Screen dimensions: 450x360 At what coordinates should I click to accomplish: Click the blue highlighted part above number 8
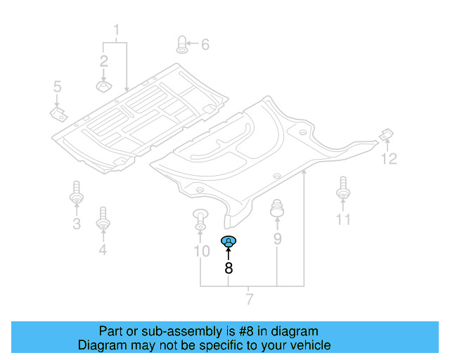pos(229,241)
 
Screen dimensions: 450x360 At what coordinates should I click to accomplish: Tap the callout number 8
pos(229,268)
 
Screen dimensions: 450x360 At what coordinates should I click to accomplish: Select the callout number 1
pos(116,30)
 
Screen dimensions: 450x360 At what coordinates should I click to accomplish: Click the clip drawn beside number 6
pos(182,44)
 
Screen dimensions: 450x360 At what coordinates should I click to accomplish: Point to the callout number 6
pos(205,44)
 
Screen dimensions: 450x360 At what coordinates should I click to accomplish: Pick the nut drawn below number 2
pos(103,86)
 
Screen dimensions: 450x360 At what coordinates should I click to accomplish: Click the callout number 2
pos(103,61)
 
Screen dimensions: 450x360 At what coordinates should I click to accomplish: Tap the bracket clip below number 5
pos(59,114)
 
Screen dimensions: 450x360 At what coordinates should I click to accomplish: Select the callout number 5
pos(58,86)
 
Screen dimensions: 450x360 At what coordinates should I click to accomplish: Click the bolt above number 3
pos(77,192)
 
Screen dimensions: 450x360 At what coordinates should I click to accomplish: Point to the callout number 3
pos(77,223)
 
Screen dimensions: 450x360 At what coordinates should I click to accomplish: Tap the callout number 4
pos(103,249)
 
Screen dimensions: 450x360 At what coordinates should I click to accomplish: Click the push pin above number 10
pos(200,219)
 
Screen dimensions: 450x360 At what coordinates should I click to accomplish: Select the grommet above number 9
pos(277,208)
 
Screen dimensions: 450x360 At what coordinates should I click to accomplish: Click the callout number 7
pos(250,299)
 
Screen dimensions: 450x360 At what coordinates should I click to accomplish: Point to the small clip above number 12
pos(386,134)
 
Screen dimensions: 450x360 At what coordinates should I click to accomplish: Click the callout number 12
pos(389,158)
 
